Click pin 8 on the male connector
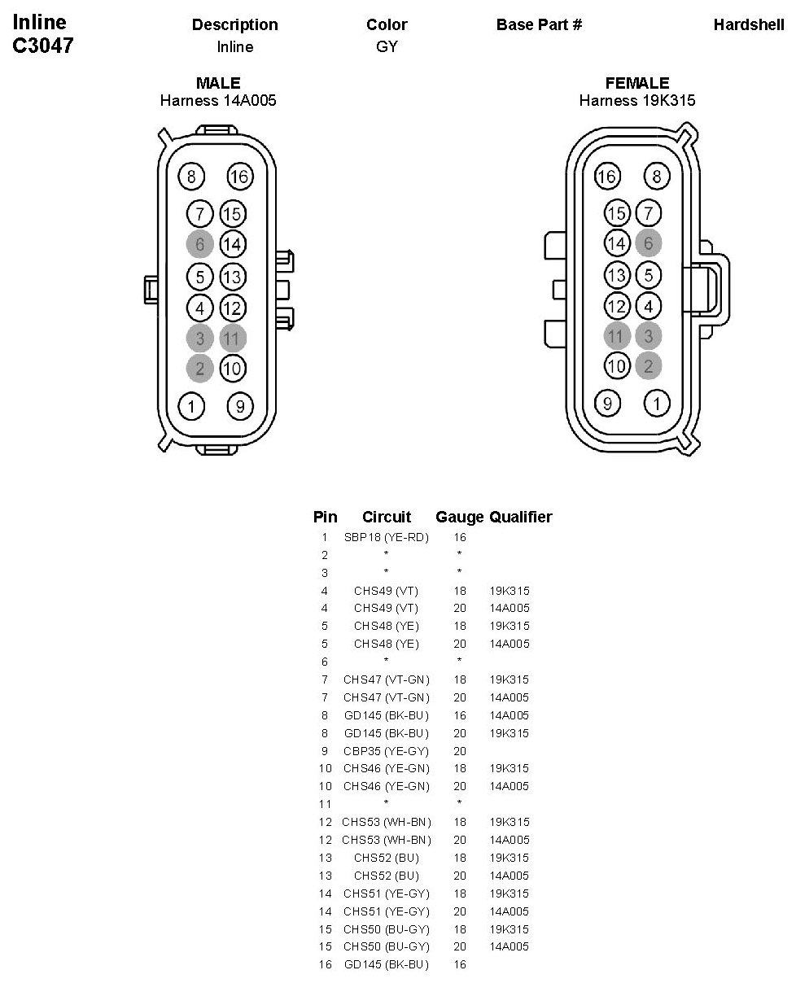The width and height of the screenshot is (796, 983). coord(191,176)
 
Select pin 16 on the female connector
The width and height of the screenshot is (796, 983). coord(606,176)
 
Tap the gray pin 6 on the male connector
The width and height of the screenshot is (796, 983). coord(199,243)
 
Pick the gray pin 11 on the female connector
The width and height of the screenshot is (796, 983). coord(617,336)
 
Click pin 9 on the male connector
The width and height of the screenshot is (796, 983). coord(239,405)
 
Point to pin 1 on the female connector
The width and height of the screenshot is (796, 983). coord(656,402)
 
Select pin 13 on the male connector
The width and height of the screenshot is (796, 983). coord(232,277)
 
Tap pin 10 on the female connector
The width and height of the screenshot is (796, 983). coord(617,365)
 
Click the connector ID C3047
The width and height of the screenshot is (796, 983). coord(42,46)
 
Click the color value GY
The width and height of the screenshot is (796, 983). coord(387,46)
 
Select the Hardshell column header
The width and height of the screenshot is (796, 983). coord(749,24)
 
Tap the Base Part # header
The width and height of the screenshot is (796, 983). coord(539,24)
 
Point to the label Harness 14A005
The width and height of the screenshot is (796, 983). coord(218,101)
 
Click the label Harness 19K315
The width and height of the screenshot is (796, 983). coord(637,101)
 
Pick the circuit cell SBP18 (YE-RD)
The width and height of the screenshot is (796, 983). coord(386,538)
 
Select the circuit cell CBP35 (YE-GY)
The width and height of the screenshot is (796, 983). coord(386,751)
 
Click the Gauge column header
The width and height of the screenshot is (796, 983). coord(460,517)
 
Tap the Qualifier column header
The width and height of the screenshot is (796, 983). coord(521,517)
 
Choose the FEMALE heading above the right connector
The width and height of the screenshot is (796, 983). coord(637,83)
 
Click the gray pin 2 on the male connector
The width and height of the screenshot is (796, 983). coord(199,368)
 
